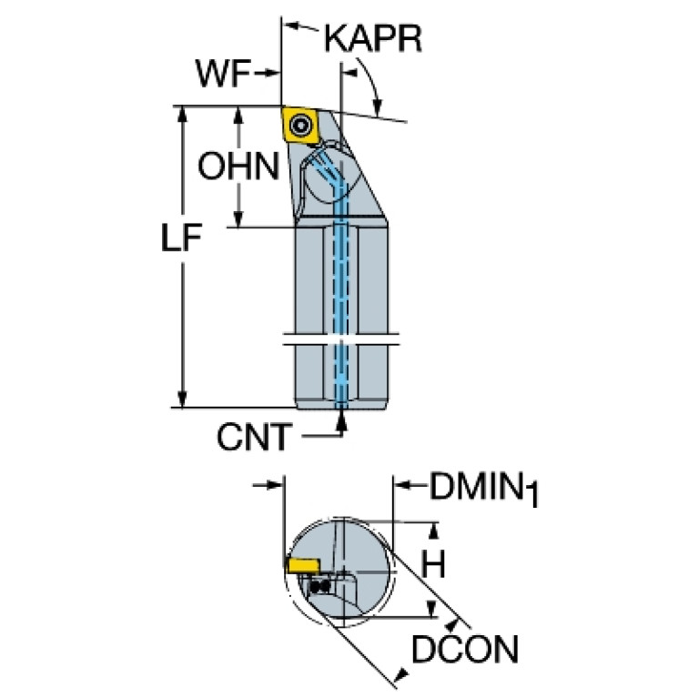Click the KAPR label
373,39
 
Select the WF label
223,73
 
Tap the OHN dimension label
238,166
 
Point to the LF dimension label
182,238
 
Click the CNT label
254,437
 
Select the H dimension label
433,564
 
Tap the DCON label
465,650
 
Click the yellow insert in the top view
300,125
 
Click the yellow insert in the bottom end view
304,566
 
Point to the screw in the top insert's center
300,125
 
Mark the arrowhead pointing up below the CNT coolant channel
341,420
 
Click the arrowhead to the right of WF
271,73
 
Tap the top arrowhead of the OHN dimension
238,116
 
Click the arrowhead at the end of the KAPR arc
378,106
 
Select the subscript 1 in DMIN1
533,495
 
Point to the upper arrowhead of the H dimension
433,531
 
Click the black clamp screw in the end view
319,586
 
